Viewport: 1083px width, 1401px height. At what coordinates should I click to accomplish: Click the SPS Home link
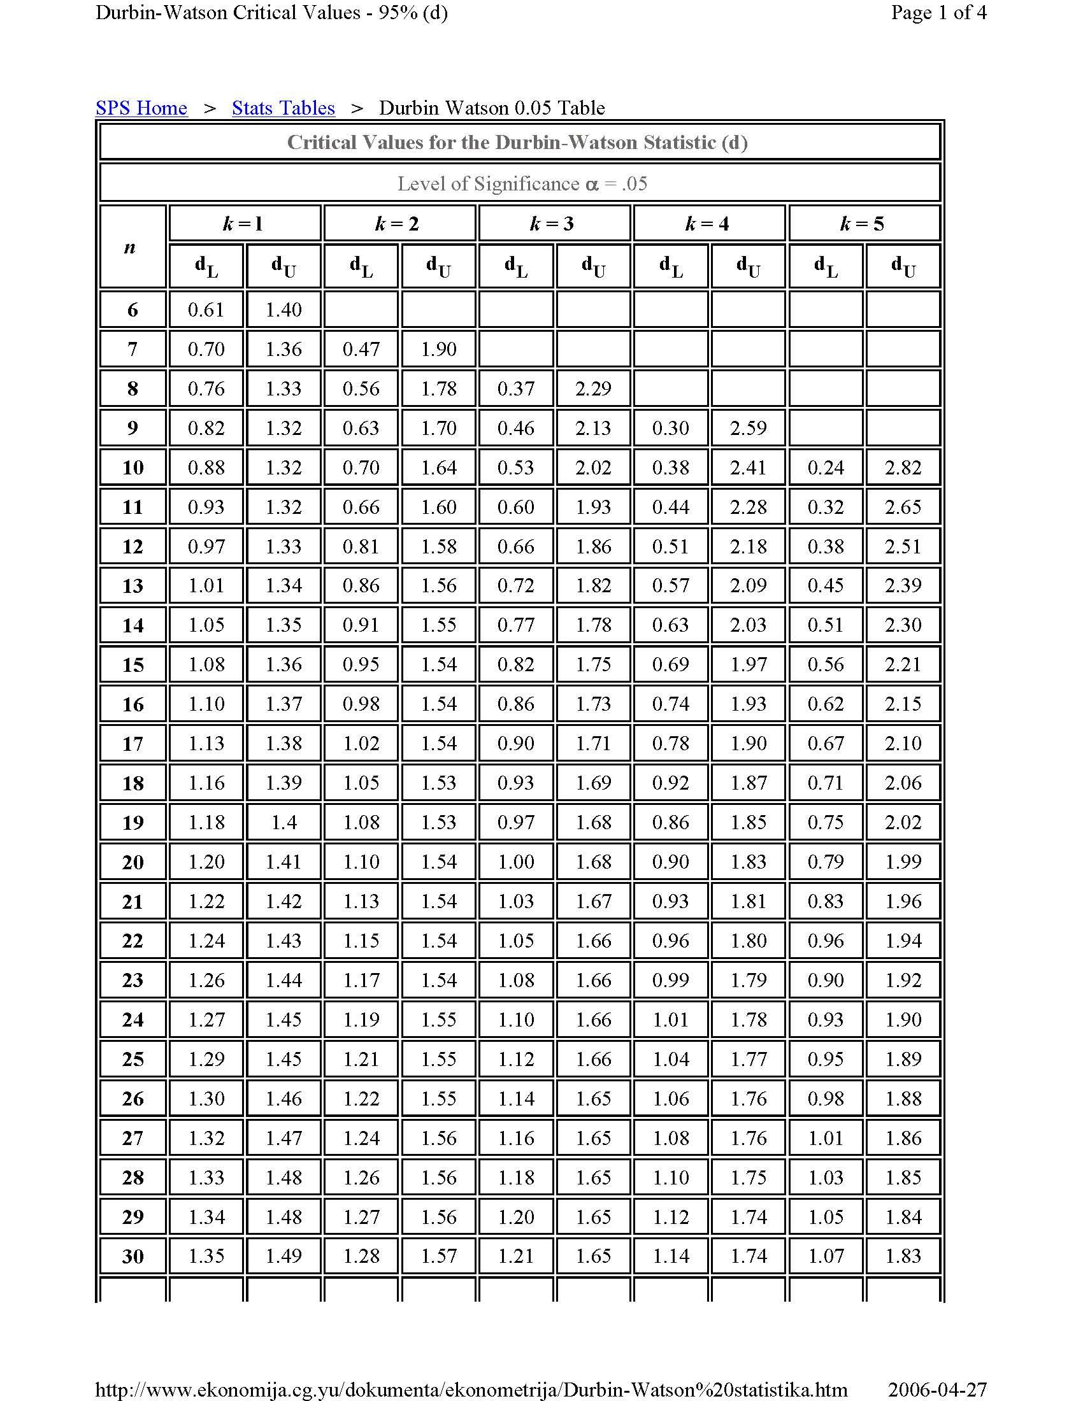141,108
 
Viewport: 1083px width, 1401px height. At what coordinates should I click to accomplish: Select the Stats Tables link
283,108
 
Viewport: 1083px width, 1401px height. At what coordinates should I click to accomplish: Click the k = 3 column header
552,224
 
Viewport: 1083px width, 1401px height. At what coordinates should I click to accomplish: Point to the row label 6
133,310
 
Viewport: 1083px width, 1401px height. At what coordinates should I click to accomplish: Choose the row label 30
133,1256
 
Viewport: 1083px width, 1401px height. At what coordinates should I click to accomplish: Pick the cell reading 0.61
206,310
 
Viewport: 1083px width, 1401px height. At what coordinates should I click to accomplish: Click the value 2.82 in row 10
903,467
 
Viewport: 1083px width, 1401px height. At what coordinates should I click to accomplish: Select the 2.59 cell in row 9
748,428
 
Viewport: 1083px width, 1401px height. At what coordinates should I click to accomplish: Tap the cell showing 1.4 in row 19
283,822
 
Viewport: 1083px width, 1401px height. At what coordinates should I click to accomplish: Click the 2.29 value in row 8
593,388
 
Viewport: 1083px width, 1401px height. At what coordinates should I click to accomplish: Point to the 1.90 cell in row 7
439,349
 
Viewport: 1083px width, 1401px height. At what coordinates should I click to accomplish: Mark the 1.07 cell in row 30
826,1256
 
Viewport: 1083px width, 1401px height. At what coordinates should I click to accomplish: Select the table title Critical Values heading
517,143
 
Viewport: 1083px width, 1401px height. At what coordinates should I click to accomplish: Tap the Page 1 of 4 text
938,12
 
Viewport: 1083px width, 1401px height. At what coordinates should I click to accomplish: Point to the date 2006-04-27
936,1390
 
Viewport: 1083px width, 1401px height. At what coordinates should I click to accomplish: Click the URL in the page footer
471,1390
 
